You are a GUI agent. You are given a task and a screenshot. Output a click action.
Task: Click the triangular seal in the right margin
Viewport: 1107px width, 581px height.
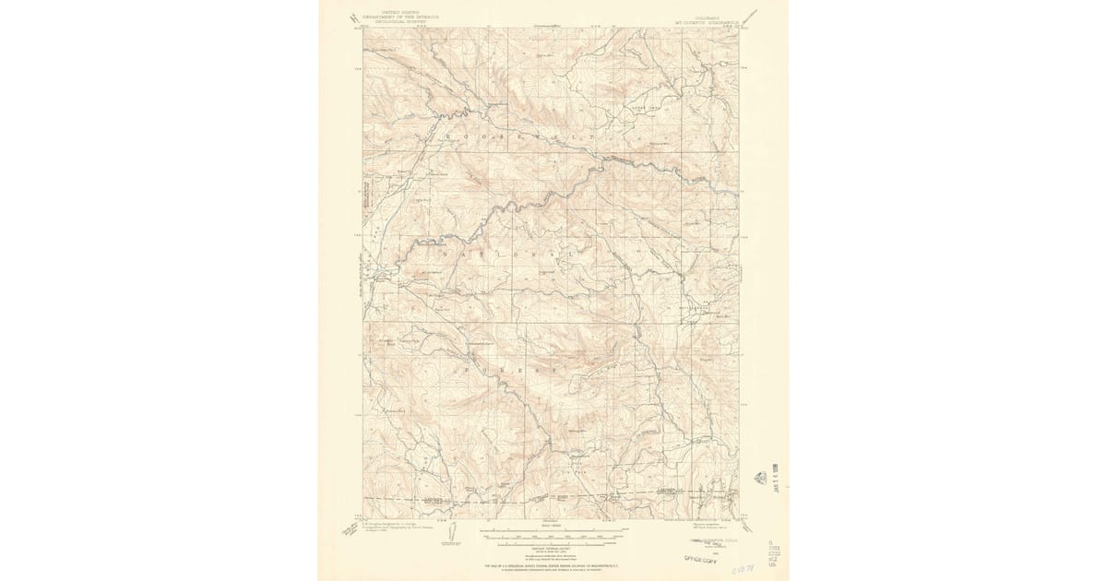(x=760, y=478)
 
